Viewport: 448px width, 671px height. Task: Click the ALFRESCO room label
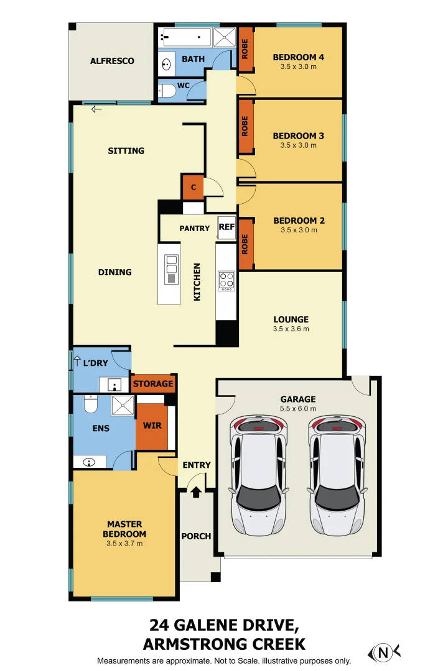(112, 61)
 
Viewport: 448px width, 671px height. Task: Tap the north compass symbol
(383, 652)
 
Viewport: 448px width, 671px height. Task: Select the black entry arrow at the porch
(196, 492)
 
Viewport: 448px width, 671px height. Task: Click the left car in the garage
(258, 475)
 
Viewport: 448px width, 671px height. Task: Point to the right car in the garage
(337, 475)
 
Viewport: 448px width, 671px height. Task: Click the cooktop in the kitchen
(226, 281)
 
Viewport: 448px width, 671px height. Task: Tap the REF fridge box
(226, 226)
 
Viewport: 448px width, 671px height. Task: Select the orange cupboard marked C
(193, 187)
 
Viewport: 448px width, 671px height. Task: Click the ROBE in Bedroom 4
(245, 49)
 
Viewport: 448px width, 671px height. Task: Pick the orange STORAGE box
(153, 384)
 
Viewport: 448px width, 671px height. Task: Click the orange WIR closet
(152, 426)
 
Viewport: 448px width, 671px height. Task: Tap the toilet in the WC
(167, 90)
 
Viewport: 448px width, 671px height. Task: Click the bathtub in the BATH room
(187, 37)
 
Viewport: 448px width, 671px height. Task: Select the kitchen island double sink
(172, 269)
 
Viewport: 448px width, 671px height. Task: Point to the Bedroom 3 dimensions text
(299, 145)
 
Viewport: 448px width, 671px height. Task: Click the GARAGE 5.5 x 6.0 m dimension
(298, 409)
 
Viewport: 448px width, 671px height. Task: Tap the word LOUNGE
(291, 319)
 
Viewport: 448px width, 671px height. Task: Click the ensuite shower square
(123, 405)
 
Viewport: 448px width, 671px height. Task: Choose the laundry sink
(114, 385)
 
